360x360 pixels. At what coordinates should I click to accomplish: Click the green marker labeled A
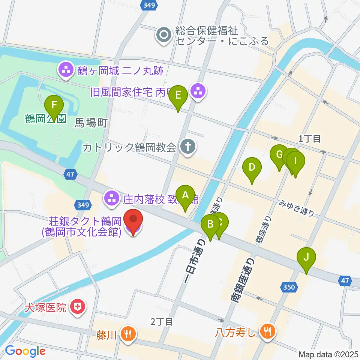pyautogui.click(x=185, y=195)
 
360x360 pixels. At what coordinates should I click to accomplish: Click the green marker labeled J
pyautogui.click(x=306, y=258)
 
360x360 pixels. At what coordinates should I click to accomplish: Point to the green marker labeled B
pyautogui.click(x=210, y=225)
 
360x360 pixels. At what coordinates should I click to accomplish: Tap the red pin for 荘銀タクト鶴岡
pyautogui.click(x=133, y=221)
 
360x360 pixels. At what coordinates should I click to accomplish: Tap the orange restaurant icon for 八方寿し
pyautogui.click(x=267, y=331)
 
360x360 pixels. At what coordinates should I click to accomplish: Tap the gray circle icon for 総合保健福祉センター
pyautogui.click(x=164, y=36)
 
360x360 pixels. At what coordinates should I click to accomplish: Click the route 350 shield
pyautogui.click(x=289, y=288)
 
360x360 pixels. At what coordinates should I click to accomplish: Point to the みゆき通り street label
pyautogui.click(x=296, y=208)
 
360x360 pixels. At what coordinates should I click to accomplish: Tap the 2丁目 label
pyautogui.click(x=162, y=321)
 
